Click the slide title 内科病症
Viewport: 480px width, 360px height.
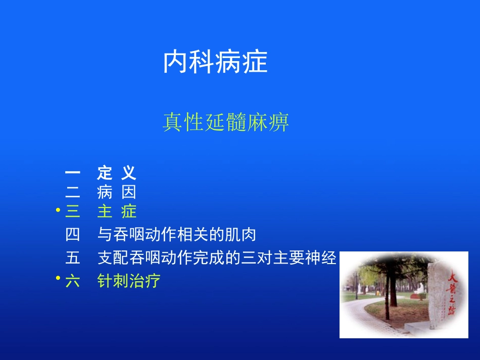pyautogui.click(x=215, y=63)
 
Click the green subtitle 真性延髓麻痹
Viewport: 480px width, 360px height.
pyautogui.click(x=226, y=122)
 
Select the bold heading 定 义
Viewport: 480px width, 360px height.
pyautogui.click(x=117, y=173)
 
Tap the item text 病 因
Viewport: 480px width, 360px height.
pyautogui.click(x=117, y=192)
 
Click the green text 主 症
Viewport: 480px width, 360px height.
pyautogui.click(x=117, y=211)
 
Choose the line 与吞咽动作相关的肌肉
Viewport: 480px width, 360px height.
pyautogui.click(x=177, y=234)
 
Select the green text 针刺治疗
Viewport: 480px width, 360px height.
pyautogui.click(x=129, y=281)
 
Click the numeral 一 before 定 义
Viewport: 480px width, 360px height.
pyautogui.click(x=72, y=173)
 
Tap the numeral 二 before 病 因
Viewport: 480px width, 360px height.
pyautogui.click(x=72, y=192)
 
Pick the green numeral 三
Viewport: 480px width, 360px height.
pyautogui.click(x=72, y=211)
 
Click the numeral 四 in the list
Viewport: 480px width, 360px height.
pyautogui.click(x=72, y=234)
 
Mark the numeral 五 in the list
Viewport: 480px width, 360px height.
pyautogui.click(x=72, y=258)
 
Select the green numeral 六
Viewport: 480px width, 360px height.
pyautogui.click(x=72, y=281)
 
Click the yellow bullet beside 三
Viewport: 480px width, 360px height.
pyautogui.click(x=58, y=210)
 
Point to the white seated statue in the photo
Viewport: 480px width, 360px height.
pyautogui.click(x=419, y=288)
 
